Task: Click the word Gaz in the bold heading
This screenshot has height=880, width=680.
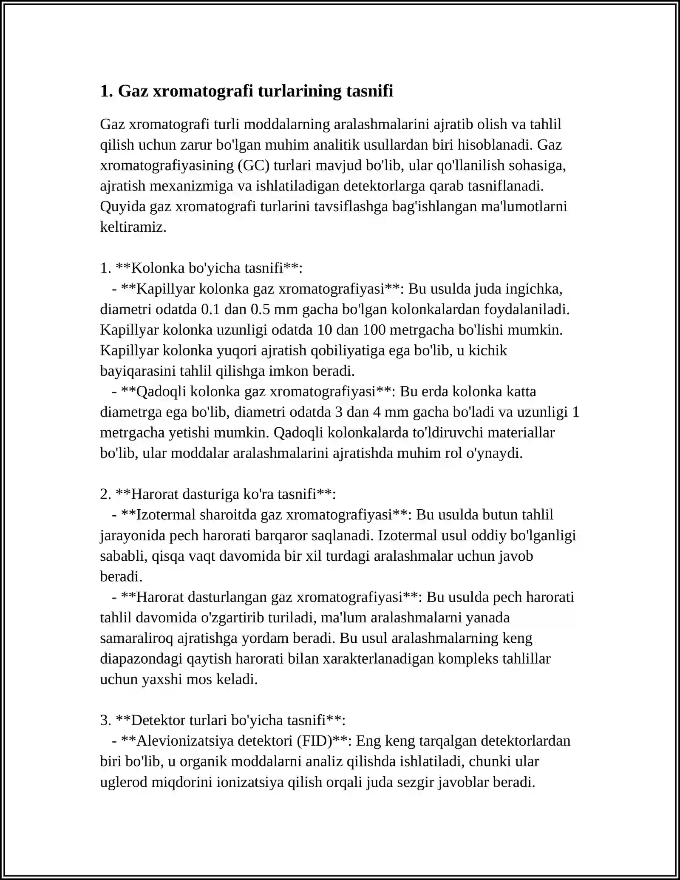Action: click(x=133, y=91)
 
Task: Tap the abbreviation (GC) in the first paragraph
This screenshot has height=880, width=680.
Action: click(x=253, y=165)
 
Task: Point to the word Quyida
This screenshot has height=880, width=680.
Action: click(x=123, y=207)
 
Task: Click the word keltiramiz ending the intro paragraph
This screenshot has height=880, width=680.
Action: click(x=133, y=227)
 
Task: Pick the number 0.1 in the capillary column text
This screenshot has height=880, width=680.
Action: click(x=210, y=309)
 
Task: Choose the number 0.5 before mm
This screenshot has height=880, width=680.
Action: click(x=260, y=309)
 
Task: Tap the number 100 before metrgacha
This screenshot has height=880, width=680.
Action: click(x=372, y=330)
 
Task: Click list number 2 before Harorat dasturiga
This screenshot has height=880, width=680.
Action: click(x=105, y=494)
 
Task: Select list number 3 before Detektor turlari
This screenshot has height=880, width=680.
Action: click(x=105, y=721)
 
